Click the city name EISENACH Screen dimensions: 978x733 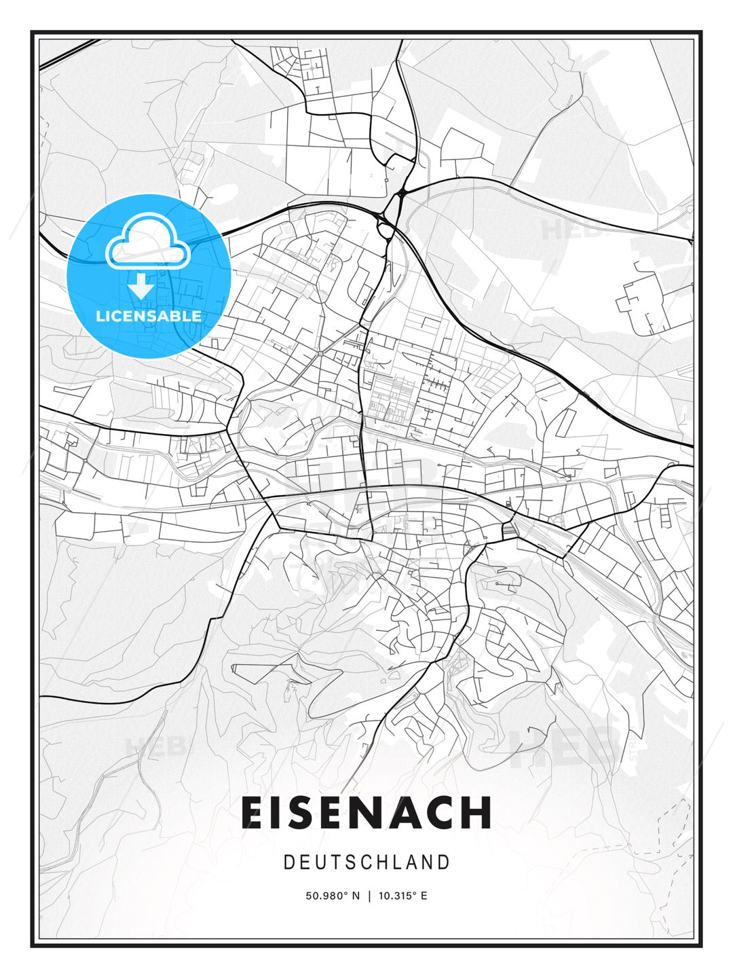click(x=366, y=812)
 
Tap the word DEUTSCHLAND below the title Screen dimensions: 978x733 click(x=366, y=863)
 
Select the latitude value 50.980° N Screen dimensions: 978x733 click(x=333, y=896)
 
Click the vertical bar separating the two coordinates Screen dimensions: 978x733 click(x=369, y=896)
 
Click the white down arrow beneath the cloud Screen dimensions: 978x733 click(x=141, y=287)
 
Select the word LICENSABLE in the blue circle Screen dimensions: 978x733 click(x=149, y=316)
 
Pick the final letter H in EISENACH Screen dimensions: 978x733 click(x=477, y=812)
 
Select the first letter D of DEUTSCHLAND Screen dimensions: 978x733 click(x=288, y=863)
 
